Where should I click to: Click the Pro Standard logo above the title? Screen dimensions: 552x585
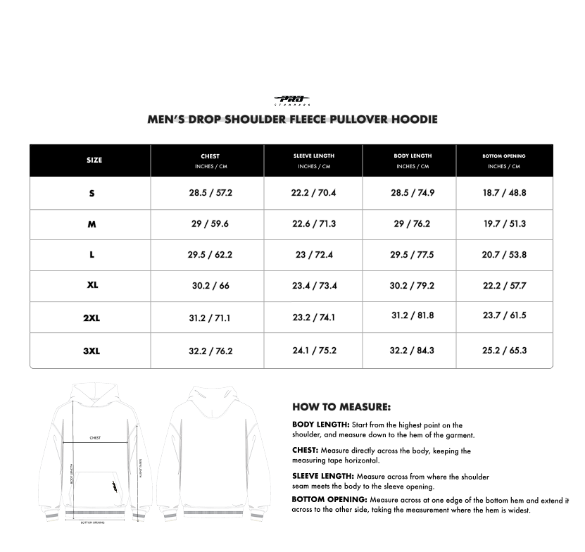(292, 101)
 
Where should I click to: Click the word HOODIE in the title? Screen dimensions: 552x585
(413, 119)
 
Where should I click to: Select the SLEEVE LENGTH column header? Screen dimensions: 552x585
(314, 156)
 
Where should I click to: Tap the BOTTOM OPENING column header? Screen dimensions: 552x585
(504, 156)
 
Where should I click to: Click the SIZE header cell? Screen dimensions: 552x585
(94, 161)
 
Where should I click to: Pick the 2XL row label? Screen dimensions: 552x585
(92, 318)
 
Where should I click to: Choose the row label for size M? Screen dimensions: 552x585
(92, 224)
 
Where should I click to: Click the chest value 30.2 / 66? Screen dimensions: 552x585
(210, 286)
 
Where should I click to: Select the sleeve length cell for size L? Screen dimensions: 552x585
(314, 255)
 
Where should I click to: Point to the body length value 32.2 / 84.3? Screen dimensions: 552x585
(413, 350)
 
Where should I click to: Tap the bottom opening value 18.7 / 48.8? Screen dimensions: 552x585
(504, 193)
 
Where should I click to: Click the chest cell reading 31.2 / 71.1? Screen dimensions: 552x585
(210, 318)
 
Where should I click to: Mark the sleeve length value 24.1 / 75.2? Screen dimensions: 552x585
(314, 350)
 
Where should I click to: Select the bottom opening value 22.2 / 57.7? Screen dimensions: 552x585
(504, 286)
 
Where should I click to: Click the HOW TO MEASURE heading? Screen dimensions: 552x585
(341, 407)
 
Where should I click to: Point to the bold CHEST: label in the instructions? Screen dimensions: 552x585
(306, 451)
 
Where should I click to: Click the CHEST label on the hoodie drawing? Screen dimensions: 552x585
(95, 438)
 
